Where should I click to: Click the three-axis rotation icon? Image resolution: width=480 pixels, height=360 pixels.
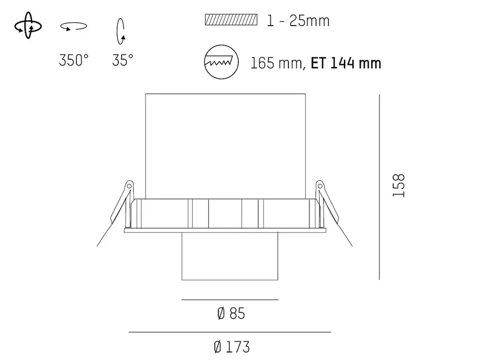point(28,26)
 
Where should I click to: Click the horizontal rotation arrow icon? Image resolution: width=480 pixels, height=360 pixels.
point(73,27)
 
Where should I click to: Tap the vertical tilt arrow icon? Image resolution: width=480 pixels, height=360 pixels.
point(121,31)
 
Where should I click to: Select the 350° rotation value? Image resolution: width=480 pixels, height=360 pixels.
point(74,60)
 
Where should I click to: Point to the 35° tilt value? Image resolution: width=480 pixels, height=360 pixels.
point(122,60)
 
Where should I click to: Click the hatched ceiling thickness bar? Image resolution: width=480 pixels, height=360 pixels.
point(231,20)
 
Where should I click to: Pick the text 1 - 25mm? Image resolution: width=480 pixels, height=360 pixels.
point(298,21)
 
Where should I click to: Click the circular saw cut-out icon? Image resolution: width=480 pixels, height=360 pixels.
point(221,62)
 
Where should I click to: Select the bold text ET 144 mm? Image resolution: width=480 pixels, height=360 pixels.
point(346,63)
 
